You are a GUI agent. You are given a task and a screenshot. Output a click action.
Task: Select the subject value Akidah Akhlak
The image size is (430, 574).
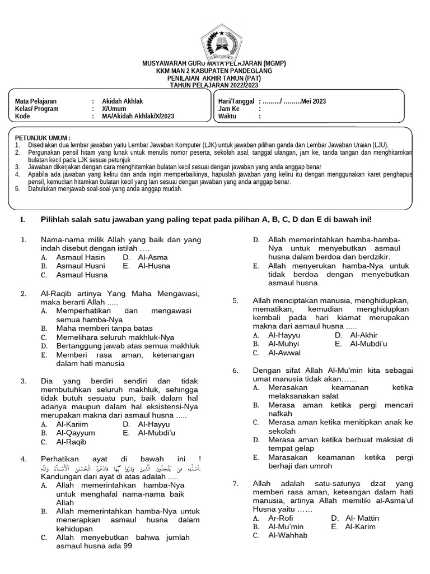click(x=119, y=101)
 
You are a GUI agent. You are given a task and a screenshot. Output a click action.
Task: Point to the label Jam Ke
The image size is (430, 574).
click(x=229, y=109)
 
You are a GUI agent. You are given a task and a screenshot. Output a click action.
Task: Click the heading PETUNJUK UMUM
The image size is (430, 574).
click(x=43, y=138)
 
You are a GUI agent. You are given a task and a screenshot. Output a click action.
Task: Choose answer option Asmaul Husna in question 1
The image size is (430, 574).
click(x=82, y=275)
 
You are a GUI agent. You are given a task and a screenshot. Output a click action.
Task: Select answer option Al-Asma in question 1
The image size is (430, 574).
click(x=152, y=257)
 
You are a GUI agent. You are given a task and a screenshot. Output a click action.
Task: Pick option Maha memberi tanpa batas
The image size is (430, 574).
click(x=104, y=328)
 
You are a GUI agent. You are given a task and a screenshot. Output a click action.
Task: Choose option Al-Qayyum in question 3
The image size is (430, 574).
click(x=76, y=433)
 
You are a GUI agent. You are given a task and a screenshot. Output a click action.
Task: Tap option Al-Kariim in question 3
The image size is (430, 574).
click(x=72, y=424)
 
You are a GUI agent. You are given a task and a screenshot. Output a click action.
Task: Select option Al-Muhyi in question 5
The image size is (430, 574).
click(x=283, y=344)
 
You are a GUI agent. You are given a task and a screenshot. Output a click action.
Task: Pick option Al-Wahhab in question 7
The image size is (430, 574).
click(x=288, y=535)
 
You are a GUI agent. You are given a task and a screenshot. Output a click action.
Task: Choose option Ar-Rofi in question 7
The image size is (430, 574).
click(x=281, y=519)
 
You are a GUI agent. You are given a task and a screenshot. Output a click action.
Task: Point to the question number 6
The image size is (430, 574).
click(x=236, y=371)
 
